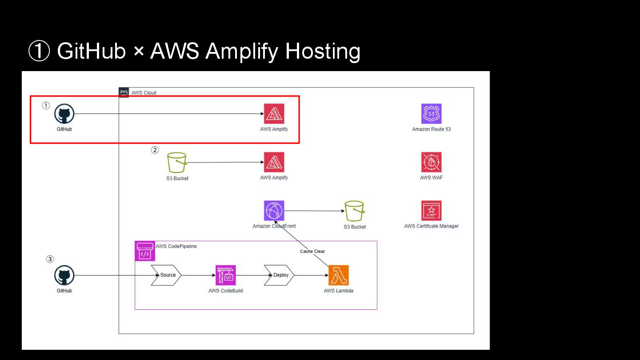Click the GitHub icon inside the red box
pos(64,114)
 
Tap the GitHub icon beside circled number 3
pos(64,276)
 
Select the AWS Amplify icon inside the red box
pos(274,114)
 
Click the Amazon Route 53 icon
pos(431,114)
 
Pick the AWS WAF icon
pos(431,162)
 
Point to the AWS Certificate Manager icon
pos(431,211)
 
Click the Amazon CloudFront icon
pos(274,211)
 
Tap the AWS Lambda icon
pos(339,276)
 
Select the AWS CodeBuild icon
pos(226,276)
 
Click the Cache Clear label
pos(312,252)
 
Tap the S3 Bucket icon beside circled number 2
pos(177,163)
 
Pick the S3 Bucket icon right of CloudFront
pos(355,211)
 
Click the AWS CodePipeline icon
pos(145,251)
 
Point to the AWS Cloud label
pos(144,93)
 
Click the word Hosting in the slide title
pos(323,51)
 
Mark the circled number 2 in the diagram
pos(155,150)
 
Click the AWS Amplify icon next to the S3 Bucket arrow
pos(274,162)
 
